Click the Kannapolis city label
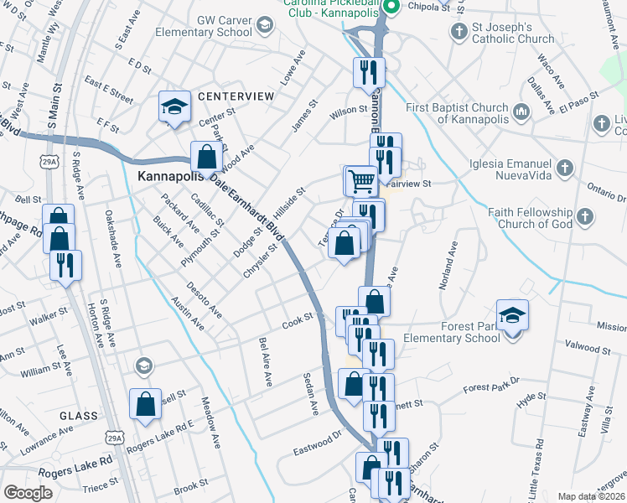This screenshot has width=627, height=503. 172,179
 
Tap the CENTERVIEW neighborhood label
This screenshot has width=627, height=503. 236,96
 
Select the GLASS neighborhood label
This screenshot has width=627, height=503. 78,416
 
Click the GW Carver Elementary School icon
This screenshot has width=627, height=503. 264,24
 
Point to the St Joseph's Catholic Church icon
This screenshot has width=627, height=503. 458,32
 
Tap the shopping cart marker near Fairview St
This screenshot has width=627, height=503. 361,179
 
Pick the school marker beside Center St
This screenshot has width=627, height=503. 174,107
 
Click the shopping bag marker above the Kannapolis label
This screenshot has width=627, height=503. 206,156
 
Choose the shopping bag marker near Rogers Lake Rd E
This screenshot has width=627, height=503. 146,404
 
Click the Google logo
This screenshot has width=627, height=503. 28,493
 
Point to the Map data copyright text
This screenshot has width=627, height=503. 590,496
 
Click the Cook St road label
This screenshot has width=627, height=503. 297,319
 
